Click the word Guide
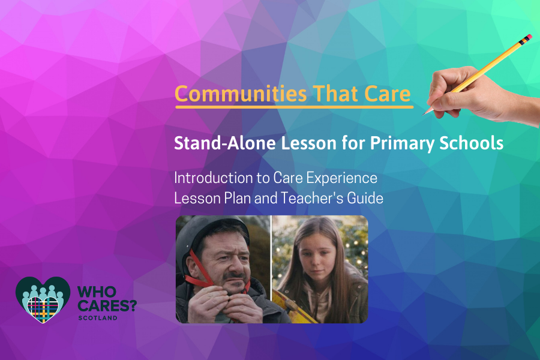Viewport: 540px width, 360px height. click(x=365, y=198)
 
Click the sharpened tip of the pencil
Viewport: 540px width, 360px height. click(x=424, y=113)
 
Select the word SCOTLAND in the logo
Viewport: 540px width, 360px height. click(x=98, y=318)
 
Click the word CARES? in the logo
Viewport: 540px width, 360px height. click(x=107, y=305)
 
